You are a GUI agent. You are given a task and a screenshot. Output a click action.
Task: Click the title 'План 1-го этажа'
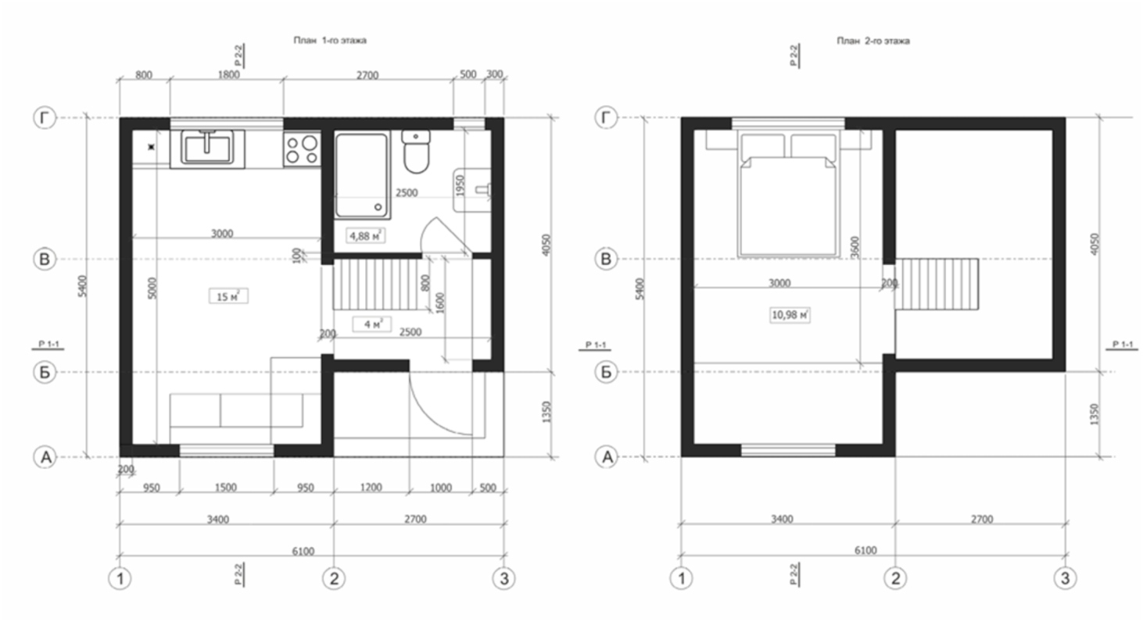pyautogui.click(x=329, y=41)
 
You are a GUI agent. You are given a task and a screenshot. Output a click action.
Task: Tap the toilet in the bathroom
pyautogui.click(x=415, y=152)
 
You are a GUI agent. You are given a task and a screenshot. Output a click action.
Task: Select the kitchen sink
pyautogui.click(x=207, y=146)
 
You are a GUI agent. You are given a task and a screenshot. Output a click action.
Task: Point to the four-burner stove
pyautogui.click(x=302, y=148)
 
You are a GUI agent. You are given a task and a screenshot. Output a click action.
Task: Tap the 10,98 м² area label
pyautogui.click(x=790, y=315)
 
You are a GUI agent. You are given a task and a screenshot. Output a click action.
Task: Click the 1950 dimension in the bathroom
pyautogui.click(x=460, y=186)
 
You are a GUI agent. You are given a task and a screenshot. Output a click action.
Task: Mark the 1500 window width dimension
pyautogui.click(x=225, y=488)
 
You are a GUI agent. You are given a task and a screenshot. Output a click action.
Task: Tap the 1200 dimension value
pyautogui.click(x=371, y=488)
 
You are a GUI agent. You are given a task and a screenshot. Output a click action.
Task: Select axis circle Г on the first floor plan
pyautogui.click(x=44, y=118)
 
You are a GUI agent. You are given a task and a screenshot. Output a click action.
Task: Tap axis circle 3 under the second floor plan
pyautogui.click(x=1065, y=579)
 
